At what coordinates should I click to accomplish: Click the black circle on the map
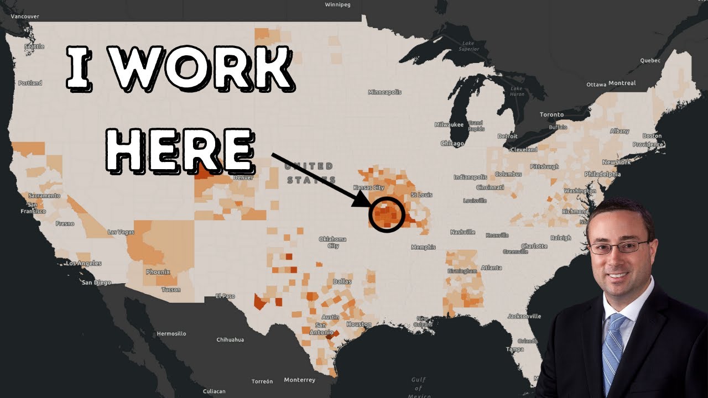(387, 214)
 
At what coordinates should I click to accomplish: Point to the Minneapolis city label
(384, 92)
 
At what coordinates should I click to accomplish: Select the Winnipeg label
(338, 4)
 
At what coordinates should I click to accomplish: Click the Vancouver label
(25, 17)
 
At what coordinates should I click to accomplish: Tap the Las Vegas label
(121, 232)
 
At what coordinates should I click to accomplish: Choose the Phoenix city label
(158, 272)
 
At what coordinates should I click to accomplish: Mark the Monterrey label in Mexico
(299, 380)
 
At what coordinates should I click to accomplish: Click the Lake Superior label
(468, 46)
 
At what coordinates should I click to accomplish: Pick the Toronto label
(551, 114)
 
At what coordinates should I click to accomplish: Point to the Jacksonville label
(524, 316)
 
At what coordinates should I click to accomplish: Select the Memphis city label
(424, 247)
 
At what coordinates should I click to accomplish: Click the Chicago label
(452, 144)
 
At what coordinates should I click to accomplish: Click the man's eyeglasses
(618, 247)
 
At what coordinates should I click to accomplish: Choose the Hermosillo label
(171, 334)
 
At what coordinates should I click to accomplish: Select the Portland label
(30, 83)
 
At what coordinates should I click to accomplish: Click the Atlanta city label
(491, 268)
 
